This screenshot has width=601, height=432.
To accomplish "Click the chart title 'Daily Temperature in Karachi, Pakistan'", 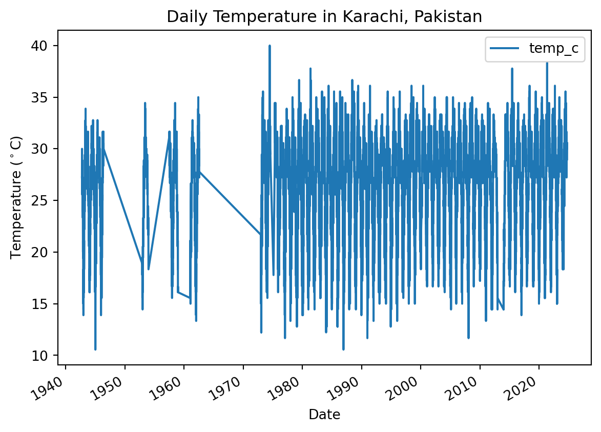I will click(324, 17).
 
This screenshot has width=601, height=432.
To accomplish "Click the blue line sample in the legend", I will click(505, 49).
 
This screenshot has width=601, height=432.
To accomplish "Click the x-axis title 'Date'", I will click(324, 415).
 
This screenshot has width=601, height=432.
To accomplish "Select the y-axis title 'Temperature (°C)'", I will click(16, 197).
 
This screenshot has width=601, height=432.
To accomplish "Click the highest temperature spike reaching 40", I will click(270, 46).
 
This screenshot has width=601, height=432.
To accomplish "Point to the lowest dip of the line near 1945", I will click(95, 349).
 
